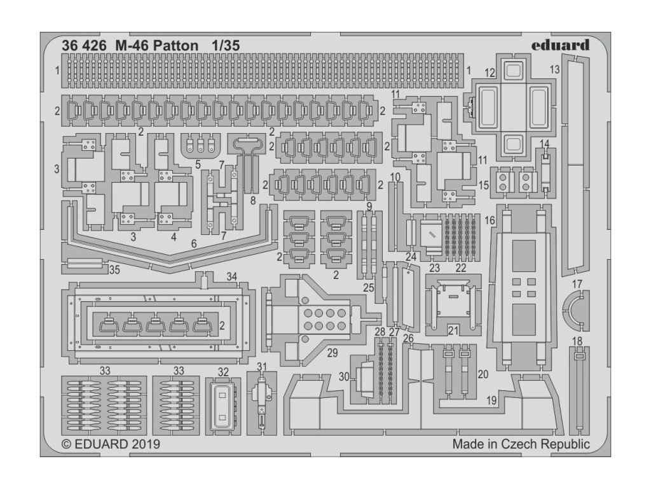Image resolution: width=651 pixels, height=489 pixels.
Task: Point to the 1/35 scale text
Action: coord(225,46)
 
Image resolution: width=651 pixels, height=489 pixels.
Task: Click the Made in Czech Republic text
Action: coord(521,444)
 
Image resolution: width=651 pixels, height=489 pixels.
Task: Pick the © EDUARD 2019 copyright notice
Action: coord(111,444)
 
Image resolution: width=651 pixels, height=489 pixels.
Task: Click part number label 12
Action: coord(490,73)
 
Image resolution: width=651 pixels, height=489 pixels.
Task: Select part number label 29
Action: coord(332,353)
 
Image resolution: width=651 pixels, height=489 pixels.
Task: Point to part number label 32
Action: coord(223,372)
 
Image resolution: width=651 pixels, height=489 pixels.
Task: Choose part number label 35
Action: coord(114,269)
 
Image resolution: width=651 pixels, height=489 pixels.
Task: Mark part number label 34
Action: coord(231,276)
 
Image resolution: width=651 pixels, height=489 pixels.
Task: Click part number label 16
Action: coord(490,220)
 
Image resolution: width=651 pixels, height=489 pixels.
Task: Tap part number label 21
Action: coord(452,330)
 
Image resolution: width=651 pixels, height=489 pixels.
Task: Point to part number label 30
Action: coord(344,377)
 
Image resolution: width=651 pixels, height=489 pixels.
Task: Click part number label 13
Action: coord(554,69)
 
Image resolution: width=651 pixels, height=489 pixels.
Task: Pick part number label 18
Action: coord(577,341)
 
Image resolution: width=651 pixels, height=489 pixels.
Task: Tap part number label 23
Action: coord(434,268)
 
